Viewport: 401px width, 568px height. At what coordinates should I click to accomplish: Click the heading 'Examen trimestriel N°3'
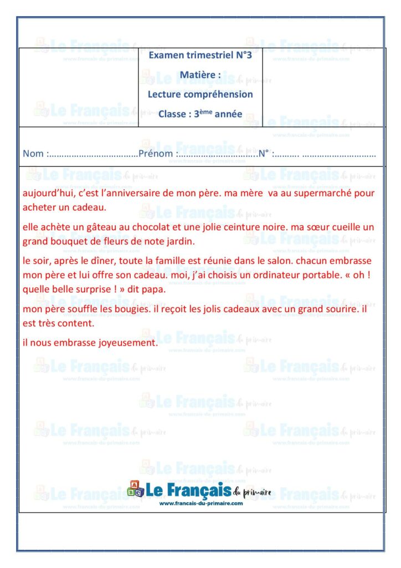tap(200, 55)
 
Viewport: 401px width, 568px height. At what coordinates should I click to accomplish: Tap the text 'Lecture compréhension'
tap(200, 94)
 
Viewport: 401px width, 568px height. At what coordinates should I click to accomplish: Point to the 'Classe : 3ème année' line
tap(200, 114)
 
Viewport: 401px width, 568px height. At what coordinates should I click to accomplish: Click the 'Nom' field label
tap(33, 154)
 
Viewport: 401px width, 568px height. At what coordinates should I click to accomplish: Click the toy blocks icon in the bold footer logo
tap(135, 489)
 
